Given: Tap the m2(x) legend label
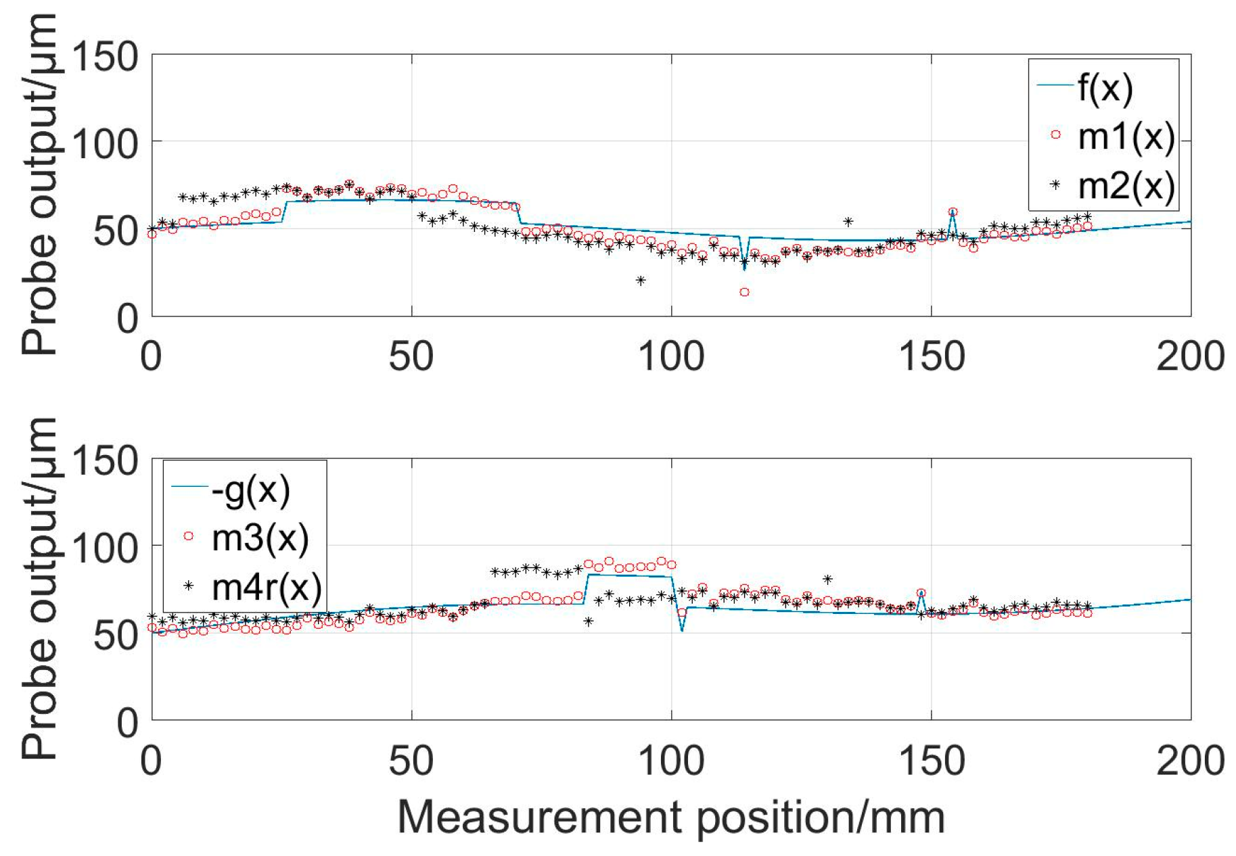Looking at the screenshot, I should [x=1125, y=185].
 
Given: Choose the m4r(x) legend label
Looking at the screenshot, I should [x=267, y=587].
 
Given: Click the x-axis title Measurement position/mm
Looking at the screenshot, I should [x=670, y=817].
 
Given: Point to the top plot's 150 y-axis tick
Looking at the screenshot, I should [x=105, y=55].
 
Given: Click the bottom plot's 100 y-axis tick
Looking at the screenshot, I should [x=105, y=546].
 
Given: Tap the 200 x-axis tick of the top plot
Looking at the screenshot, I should [x=1190, y=356].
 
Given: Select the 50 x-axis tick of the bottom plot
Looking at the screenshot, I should [x=411, y=760].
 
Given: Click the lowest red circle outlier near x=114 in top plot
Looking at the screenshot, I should [x=744, y=292].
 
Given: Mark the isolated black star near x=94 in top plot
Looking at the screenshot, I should [x=641, y=281].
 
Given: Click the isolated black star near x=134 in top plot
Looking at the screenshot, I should [x=848, y=222].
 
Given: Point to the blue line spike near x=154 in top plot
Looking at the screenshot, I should [x=953, y=212].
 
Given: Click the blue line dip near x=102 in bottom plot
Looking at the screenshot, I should [x=682, y=629].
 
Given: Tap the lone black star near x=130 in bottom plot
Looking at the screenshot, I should [x=827, y=579].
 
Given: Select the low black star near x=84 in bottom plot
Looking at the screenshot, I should [x=589, y=621].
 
